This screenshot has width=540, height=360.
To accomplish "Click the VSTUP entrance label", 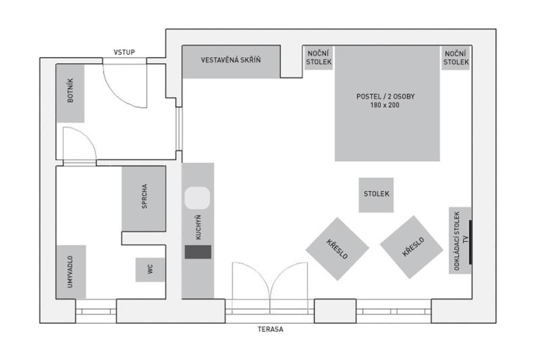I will (x=124, y=52).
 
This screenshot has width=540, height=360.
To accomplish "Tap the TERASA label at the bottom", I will (x=271, y=329).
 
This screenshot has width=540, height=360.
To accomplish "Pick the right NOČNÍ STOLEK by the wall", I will (x=456, y=57).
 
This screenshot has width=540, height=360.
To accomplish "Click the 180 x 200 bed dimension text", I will (x=385, y=105).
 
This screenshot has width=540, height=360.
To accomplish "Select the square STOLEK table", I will (x=376, y=194).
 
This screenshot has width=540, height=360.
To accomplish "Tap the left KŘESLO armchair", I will (x=337, y=249).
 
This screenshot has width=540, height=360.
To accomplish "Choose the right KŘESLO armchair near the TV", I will (x=411, y=247).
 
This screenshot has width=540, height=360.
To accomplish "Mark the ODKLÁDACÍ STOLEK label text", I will (x=457, y=240).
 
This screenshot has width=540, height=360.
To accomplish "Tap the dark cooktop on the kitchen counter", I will (x=198, y=252).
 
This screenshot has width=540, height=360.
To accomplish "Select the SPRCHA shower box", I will (x=143, y=198).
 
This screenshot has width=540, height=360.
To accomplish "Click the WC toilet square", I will (x=150, y=269).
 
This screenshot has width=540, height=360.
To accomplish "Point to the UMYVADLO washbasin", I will (x=71, y=271).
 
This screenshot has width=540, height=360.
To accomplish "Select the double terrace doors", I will (x=270, y=287).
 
